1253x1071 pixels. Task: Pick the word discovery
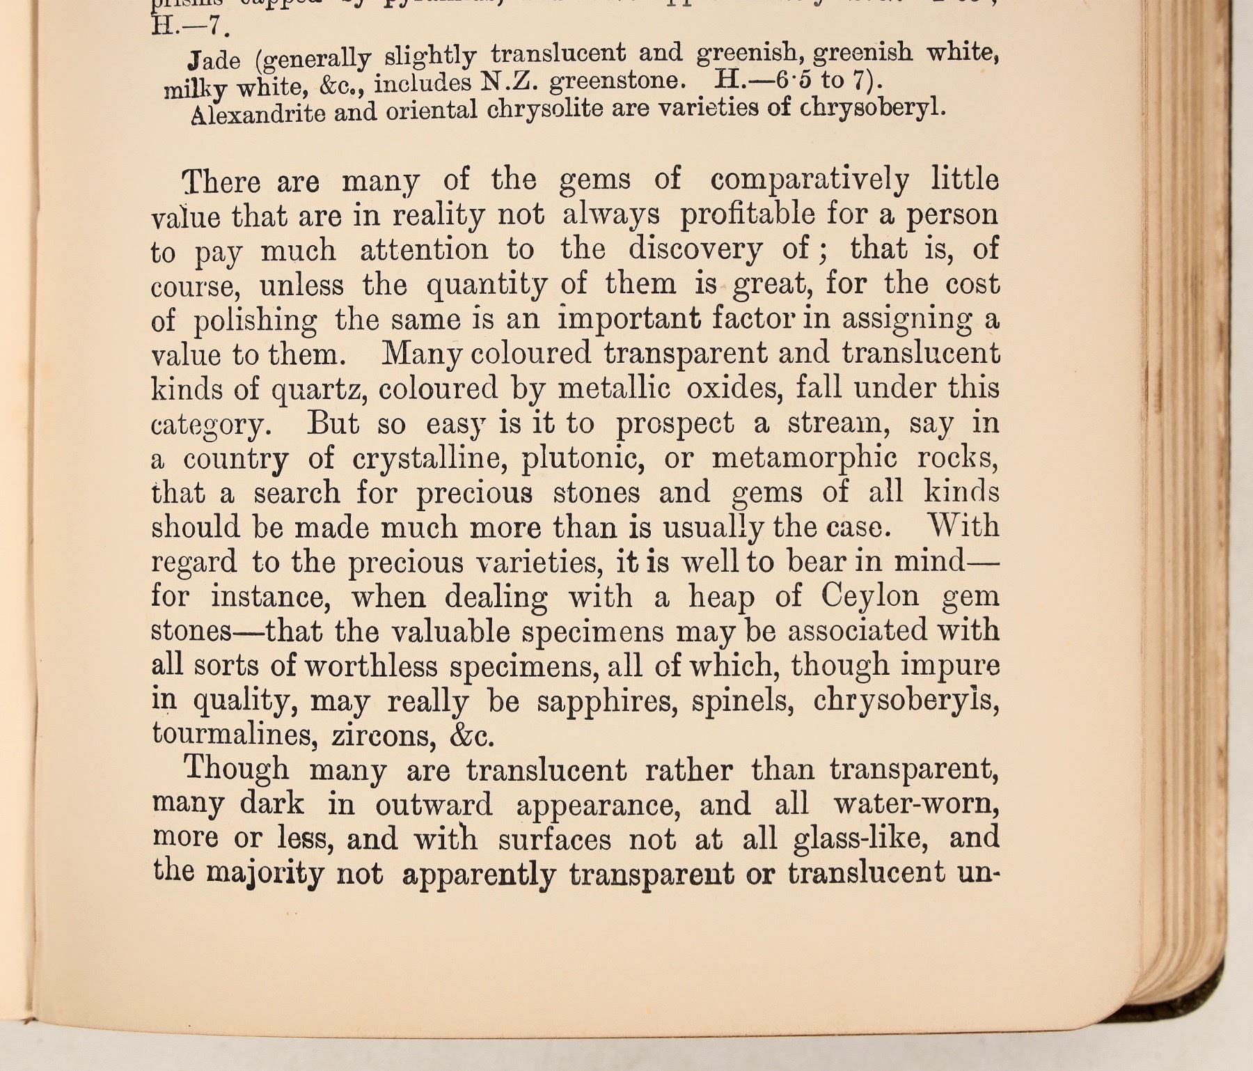(695, 250)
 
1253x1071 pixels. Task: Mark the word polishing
(255, 320)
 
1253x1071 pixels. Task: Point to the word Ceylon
(870, 597)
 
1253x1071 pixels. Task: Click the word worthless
(372, 667)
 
